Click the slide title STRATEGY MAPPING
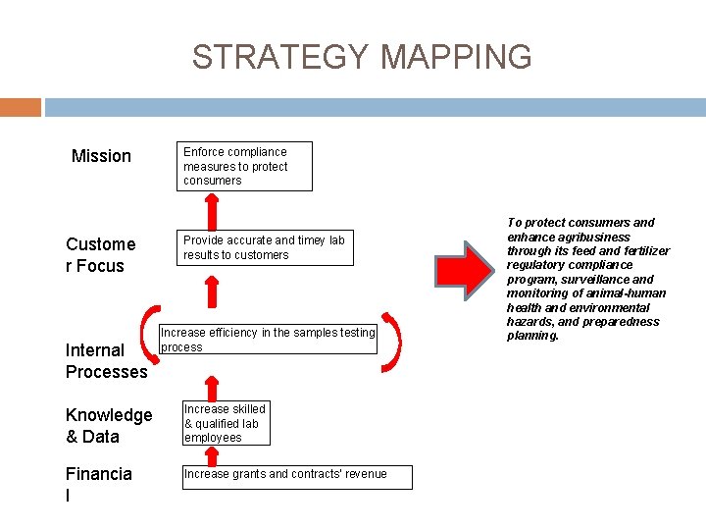pyautogui.click(x=362, y=57)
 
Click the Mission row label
pyautogui.click(x=101, y=156)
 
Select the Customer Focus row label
pyautogui.click(x=100, y=255)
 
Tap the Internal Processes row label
pyautogui.click(x=106, y=361)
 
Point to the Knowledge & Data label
pyautogui.click(x=109, y=426)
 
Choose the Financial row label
pyautogui.click(x=98, y=485)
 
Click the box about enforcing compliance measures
pyautogui.click(x=245, y=167)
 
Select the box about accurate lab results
pyautogui.click(x=265, y=247)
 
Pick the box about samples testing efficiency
pyautogui.click(x=268, y=340)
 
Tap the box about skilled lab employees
pyautogui.click(x=225, y=423)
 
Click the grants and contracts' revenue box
pyautogui.click(x=297, y=476)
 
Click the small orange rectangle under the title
pyautogui.click(x=21, y=107)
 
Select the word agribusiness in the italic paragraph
pyautogui.click(x=593, y=237)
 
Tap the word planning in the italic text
pyautogui.click(x=531, y=336)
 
